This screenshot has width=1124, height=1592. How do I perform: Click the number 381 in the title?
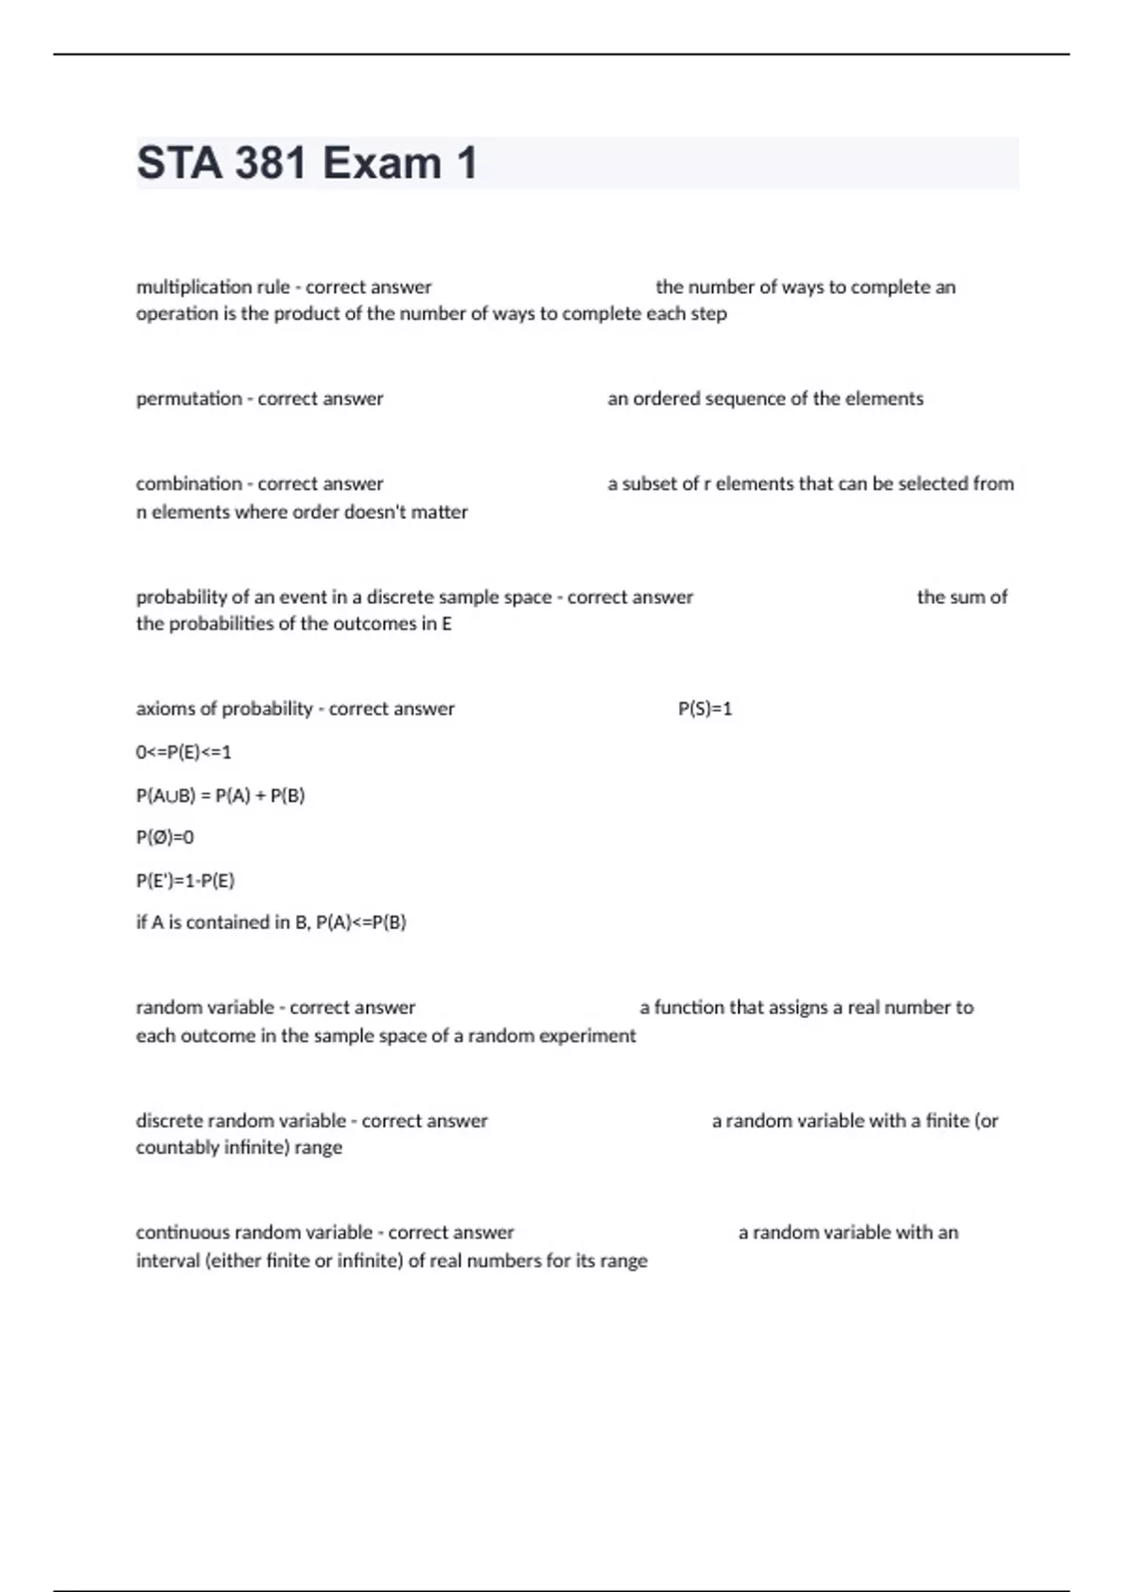[271, 163]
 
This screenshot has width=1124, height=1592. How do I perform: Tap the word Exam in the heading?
[381, 163]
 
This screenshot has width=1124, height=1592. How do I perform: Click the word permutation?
[188, 399]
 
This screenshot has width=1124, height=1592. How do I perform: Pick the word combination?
[188, 484]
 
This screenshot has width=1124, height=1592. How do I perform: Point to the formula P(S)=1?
[704, 709]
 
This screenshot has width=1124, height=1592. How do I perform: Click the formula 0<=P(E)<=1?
[184, 752]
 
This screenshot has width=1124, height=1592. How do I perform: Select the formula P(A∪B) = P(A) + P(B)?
[220, 795]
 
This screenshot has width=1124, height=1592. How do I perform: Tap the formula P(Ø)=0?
[165, 837]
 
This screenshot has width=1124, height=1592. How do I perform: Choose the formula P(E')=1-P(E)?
[185, 880]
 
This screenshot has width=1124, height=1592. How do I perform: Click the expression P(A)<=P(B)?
[361, 922]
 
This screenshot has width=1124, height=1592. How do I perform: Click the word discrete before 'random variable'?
[169, 1121]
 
